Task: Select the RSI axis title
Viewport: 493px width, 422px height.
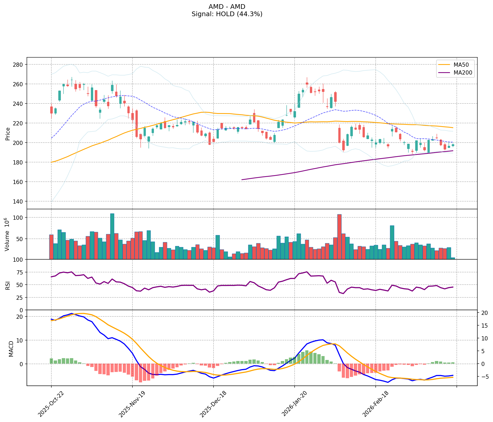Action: pos(8,285)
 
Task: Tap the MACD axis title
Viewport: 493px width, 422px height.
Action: pos(11,349)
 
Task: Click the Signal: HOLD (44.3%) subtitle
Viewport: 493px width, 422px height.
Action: pos(227,14)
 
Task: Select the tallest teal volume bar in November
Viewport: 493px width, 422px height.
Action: pos(112,236)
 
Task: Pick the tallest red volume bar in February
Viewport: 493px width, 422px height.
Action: pos(339,237)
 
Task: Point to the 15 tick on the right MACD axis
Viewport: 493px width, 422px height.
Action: pos(484,326)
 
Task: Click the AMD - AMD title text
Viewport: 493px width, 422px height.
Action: pos(227,7)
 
